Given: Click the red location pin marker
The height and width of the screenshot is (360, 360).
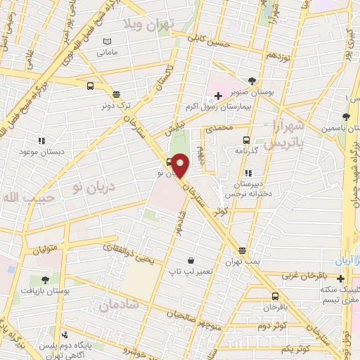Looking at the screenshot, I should (181, 166).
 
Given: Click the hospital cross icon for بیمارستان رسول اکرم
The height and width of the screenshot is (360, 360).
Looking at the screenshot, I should (218, 95).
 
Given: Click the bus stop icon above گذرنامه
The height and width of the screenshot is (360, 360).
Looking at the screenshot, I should (246, 139).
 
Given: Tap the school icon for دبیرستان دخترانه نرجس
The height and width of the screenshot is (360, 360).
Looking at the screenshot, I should (247, 173).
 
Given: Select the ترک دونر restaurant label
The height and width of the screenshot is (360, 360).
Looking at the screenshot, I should (115, 104).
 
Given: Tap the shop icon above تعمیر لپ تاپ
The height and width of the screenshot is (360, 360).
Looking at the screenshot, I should (190, 259).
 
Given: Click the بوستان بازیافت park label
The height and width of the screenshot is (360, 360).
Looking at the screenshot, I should (45, 289).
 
